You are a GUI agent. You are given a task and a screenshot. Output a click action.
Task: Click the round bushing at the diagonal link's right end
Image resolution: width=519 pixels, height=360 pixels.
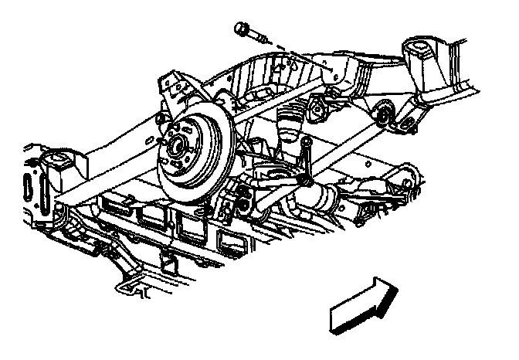[382, 118]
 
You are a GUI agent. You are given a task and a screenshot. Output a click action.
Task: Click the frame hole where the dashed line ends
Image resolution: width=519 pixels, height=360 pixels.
[334, 70]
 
